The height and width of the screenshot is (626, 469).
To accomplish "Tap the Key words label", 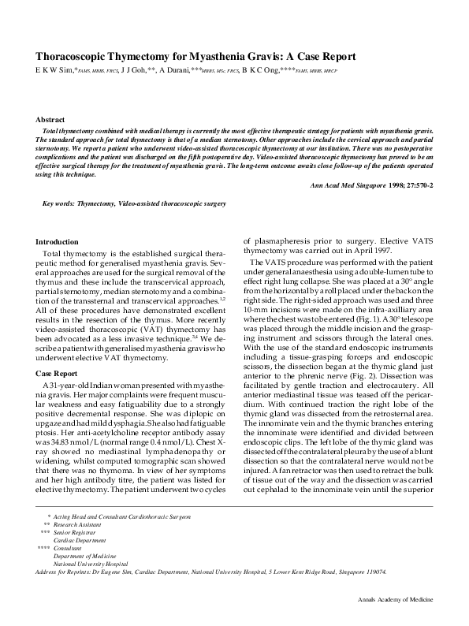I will pos(58,203).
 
